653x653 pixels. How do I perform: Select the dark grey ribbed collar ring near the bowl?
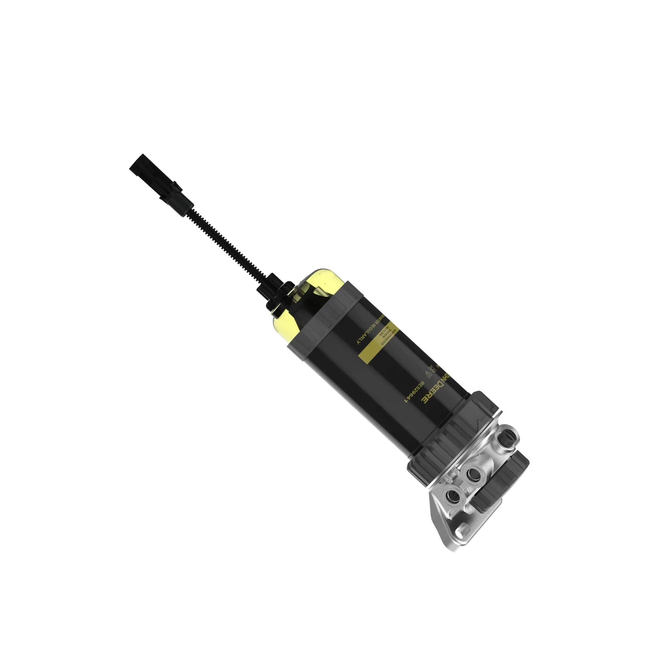(x=325, y=314)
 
